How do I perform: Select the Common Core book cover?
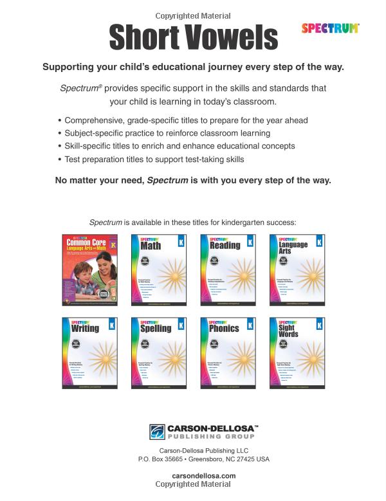(x=89, y=270)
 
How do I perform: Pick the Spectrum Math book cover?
(x=158, y=270)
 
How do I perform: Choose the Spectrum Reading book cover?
(x=227, y=270)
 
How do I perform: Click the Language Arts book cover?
(x=297, y=270)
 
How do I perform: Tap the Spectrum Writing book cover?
(x=89, y=353)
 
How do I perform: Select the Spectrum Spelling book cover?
(x=158, y=353)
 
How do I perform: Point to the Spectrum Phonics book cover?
(x=227, y=353)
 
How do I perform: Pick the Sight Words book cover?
(x=297, y=353)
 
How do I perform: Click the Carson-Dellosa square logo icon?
(x=157, y=432)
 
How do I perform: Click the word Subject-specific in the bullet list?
(x=92, y=133)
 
